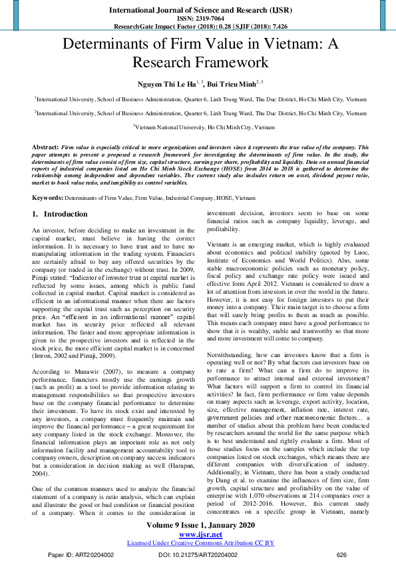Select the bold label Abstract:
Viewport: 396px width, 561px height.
point(45,145)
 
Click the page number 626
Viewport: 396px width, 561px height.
point(342,554)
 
